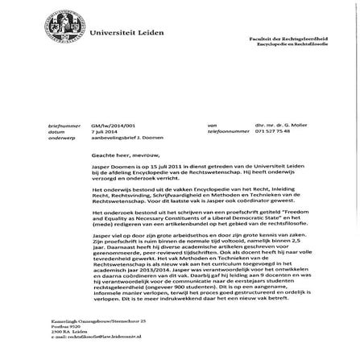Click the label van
212,126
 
